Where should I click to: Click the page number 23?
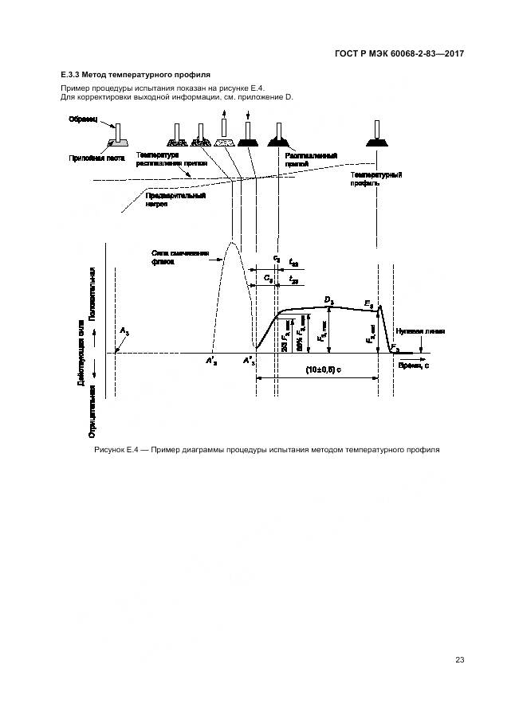(459, 659)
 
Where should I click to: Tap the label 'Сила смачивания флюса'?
(180, 257)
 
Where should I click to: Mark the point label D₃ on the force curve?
(328, 299)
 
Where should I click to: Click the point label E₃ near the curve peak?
(368, 304)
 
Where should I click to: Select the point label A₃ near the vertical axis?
(124, 330)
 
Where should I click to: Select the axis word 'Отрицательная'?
(92, 410)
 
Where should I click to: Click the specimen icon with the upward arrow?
(224, 133)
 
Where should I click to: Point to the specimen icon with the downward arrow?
(250, 133)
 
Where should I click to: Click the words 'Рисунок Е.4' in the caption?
(117, 451)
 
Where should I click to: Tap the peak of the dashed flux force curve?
(232, 241)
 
